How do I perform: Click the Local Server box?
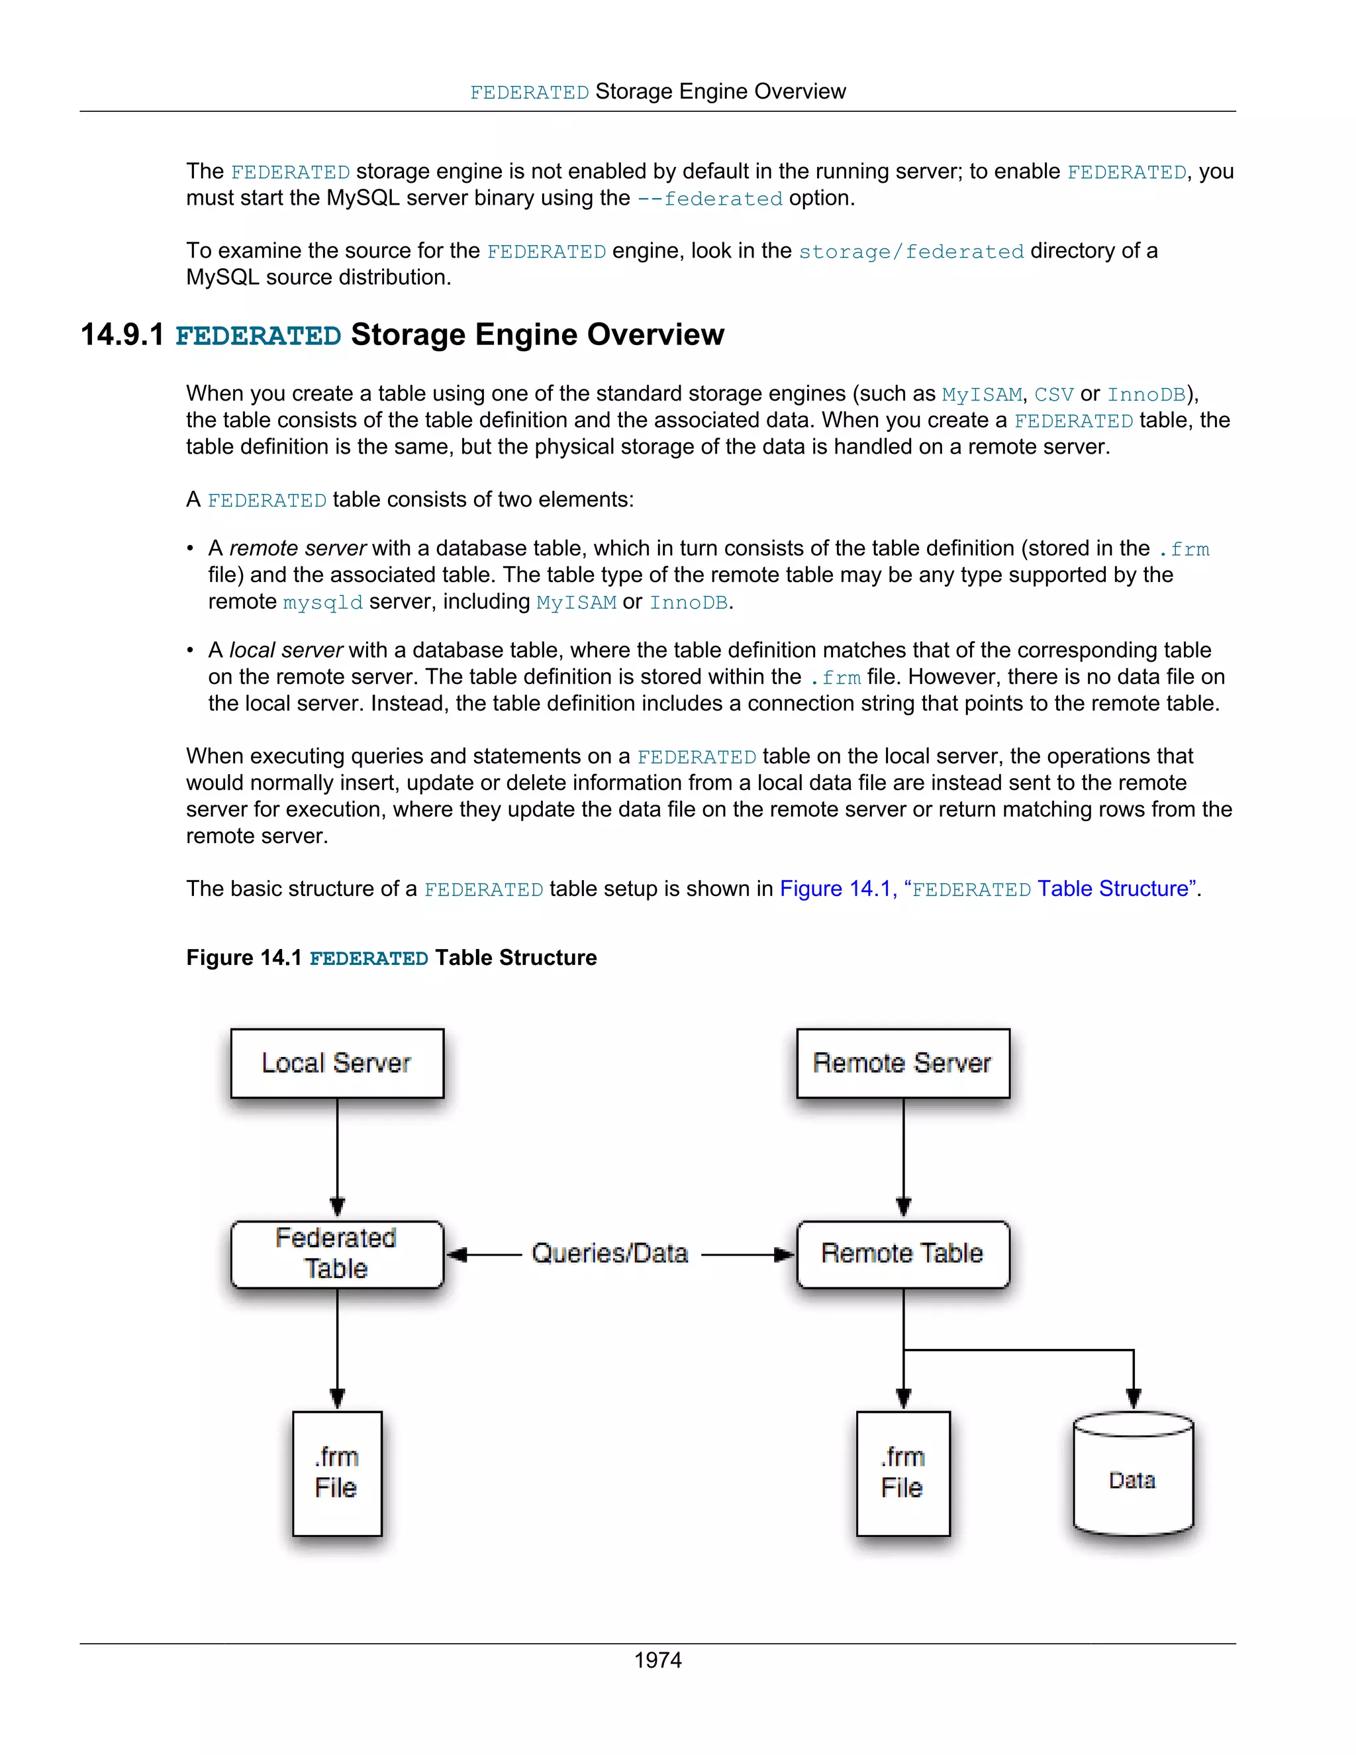pyautogui.click(x=336, y=1062)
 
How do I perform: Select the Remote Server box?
pyautogui.click(x=903, y=1062)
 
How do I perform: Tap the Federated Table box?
pyautogui.click(x=336, y=1254)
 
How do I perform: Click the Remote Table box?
pyautogui.click(x=903, y=1254)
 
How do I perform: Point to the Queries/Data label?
pyautogui.click(x=610, y=1254)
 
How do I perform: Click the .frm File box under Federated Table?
pyautogui.click(x=336, y=1473)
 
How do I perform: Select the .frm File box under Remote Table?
pyautogui.click(x=903, y=1473)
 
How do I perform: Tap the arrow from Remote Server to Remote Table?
pyautogui.click(x=904, y=1157)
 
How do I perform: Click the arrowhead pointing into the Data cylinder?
pyautogui.click(x=1134, y=1399)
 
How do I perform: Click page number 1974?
pyautogui.click(x=658, y=1660)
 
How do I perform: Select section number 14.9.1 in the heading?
pyautogui.click(x=122, y=335)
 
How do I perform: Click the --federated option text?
pyautogui.click(x=709, y=199)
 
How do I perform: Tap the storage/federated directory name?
pyautogui.click(x=911, y=252)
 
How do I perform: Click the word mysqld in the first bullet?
pyautogui.click(x=323, y=603)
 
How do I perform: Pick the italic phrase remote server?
pyautogui.click(x=298, y=549)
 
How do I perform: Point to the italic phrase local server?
pyautogui.click(x=286, y=650)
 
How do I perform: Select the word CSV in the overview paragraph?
pyautogui.click(x=1053, y=395)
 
